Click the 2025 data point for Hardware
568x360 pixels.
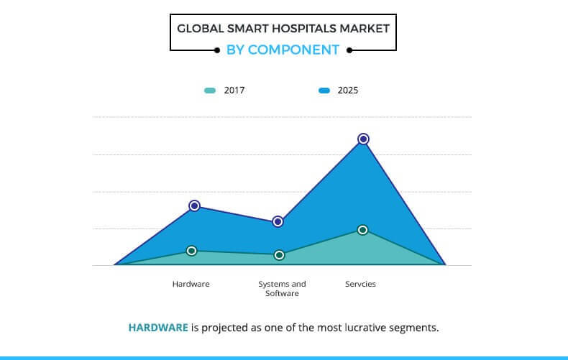[x=195, y=206]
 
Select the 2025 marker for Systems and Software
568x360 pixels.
[x=278, y=221]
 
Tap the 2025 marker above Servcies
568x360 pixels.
[x=363, y=139]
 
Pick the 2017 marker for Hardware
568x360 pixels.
[x=192, y=251]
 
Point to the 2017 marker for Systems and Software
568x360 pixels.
[x=279, y=255]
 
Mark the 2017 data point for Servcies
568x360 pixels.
[x=362, y=230]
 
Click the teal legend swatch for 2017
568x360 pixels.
[x=210, y=91]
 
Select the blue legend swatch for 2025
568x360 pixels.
[x=324, y=91]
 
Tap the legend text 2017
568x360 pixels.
[x=234, y=91]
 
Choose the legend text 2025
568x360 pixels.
[x=348, y=91]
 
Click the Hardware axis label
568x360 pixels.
[x=191, y=284]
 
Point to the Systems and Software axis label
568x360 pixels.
[x=282, y=289]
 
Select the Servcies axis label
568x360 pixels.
[x=360, y=284]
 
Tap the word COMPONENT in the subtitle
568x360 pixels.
[x=293, y=50]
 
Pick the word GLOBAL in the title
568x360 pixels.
[x=201, y=29]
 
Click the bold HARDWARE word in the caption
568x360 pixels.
[x=158, y=328]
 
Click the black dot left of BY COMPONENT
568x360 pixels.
[x=217, y=50]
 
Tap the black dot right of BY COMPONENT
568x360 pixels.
[x=349, y=50]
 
